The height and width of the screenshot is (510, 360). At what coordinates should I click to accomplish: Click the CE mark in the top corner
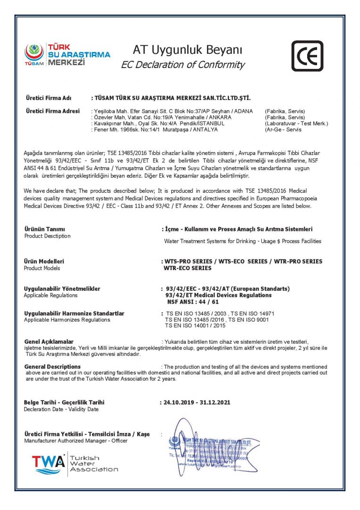point(307,56)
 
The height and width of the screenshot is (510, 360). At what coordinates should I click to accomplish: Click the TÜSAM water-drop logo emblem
point(34,51)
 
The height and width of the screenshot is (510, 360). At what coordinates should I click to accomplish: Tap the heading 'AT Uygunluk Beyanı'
point(187,50)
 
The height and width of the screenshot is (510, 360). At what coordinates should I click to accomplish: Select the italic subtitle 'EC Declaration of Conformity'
point(183,65)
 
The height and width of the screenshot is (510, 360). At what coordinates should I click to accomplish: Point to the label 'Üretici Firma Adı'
point(49,98)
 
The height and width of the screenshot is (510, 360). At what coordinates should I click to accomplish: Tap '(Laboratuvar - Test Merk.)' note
point(296,123)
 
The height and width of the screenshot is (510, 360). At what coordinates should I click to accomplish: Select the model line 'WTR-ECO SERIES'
point(187,268)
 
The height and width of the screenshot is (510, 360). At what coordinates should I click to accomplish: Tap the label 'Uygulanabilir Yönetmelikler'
point(62,289)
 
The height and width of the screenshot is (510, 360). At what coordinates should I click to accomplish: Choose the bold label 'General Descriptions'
point(52,366)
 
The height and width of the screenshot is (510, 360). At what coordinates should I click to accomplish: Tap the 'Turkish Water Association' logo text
point(94,463)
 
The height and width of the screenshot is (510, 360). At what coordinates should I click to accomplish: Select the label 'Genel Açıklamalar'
point(49,341)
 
